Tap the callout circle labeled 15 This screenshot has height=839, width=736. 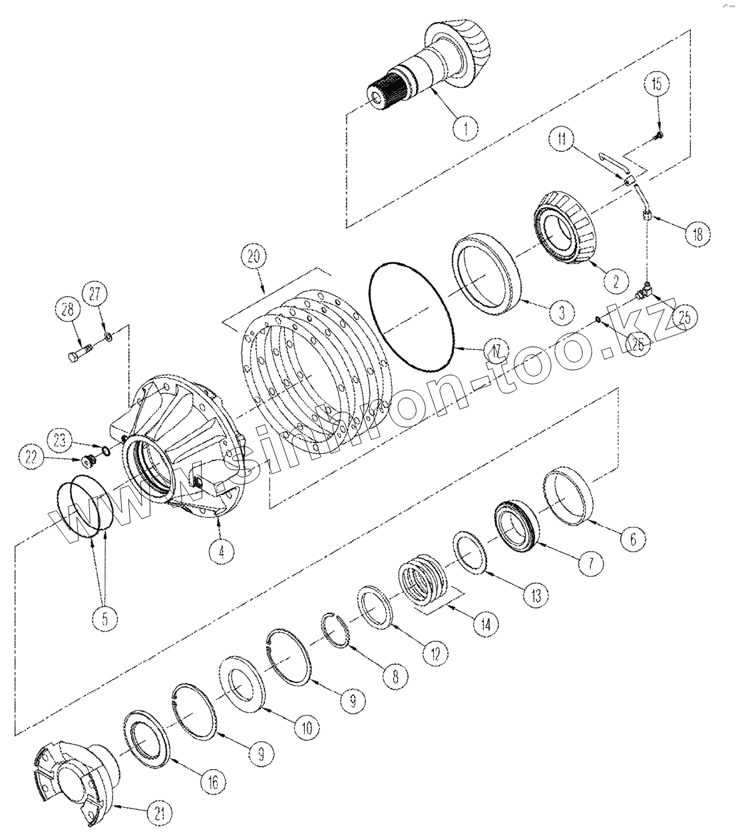tap(657, 84)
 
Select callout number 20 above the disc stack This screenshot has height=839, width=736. tap(256, 257)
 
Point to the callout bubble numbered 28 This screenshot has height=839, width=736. tap(66, 309)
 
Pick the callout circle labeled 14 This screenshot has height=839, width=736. tap(485, 623)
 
